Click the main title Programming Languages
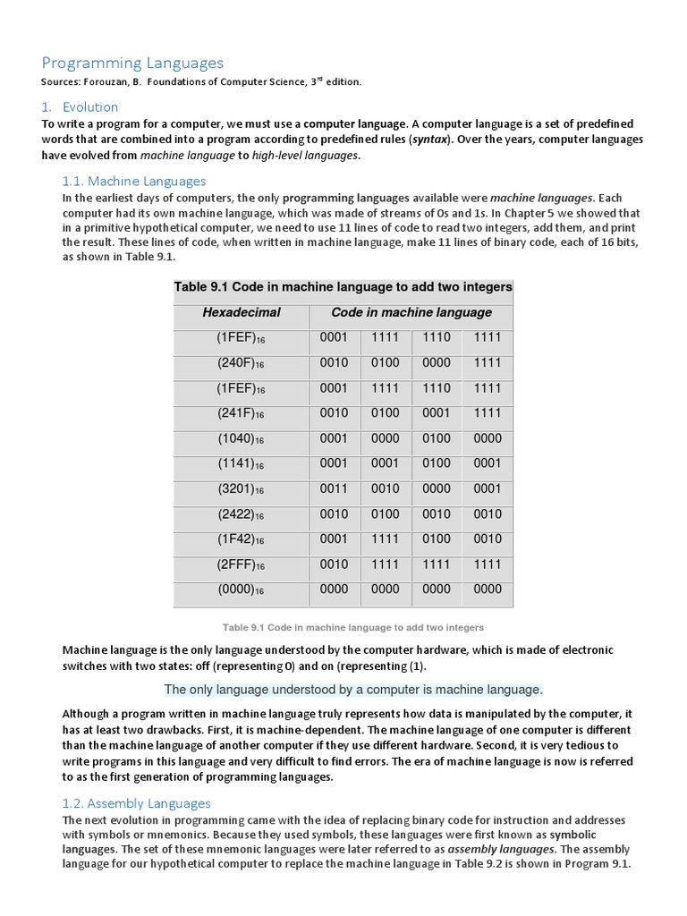(x=133, y=63)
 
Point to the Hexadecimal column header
(x=242, y=312)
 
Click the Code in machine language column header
(x=411, y=312)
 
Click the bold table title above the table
(x=343, y=287)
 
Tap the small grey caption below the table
(x=343, y=627)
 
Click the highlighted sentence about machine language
(x=353, y=690)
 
